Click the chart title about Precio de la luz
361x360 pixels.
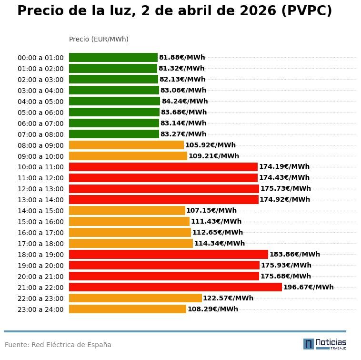[174, 11]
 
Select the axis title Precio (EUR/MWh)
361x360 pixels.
[99, 39]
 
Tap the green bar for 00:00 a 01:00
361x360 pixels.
[113, 57]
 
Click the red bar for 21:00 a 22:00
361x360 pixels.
[175, 287]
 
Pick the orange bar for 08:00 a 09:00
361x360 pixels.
[126, 145]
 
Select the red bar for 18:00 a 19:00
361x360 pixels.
[169, 254]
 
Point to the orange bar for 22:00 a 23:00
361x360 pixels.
[135, 298]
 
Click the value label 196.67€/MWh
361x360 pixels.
[308, 287]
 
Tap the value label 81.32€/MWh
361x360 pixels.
[181, 68]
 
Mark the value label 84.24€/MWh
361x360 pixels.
[185, 101]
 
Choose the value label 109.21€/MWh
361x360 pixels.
[214, 156]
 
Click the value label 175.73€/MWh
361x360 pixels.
[285, 188]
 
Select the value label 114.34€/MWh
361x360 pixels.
[220, 243]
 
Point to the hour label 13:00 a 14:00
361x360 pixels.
[40, 200]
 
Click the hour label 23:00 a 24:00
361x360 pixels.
[40, 309]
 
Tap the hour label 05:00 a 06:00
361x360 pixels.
[40, 113]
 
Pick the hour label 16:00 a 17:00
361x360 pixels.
[40, 233]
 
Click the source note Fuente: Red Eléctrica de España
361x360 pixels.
[58, 345]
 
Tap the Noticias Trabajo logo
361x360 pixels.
[325, 344]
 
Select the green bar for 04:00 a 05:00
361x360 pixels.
[114, 101]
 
